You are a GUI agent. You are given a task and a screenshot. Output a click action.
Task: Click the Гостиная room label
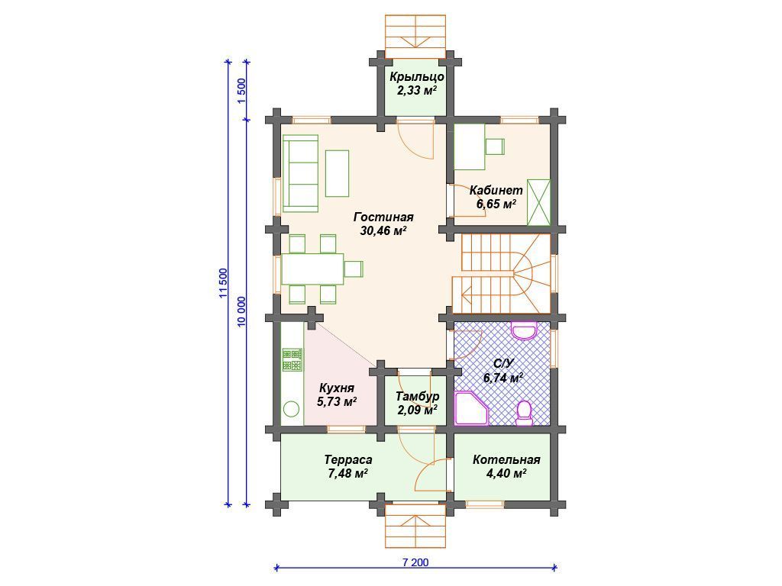tap(383, 217)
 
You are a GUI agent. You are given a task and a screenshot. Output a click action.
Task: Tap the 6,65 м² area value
tap(496, 204)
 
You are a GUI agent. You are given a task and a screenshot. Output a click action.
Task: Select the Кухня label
tap(337, 388)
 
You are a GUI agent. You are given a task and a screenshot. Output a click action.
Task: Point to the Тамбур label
tap(418, 396)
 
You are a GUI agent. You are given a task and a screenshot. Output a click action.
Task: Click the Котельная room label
tap(506, 459)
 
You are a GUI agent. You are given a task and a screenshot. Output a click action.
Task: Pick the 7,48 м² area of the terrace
tap(348, 473)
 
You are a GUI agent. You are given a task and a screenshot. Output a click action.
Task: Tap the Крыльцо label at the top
tap(417, 77)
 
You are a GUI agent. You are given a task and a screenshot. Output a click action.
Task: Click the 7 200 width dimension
tap(415, 562)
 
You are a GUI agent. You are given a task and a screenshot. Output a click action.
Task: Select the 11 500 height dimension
tap(223, 283)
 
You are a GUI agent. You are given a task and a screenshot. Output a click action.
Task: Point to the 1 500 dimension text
tap(241, 91)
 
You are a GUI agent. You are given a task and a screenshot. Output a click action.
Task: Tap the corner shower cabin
tap(472, 408)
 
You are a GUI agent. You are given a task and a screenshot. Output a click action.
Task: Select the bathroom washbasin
tap(524, 331)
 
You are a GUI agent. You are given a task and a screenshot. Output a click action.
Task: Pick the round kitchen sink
tap(292, 410)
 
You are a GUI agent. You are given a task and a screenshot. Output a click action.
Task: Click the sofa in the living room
tap(301, 173)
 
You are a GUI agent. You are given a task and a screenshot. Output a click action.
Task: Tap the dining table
tap(312, 269)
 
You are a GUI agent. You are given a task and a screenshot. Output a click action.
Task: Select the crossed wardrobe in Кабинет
tap(538, 202)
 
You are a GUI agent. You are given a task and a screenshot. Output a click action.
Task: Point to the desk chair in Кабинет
tap(495, 146)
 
